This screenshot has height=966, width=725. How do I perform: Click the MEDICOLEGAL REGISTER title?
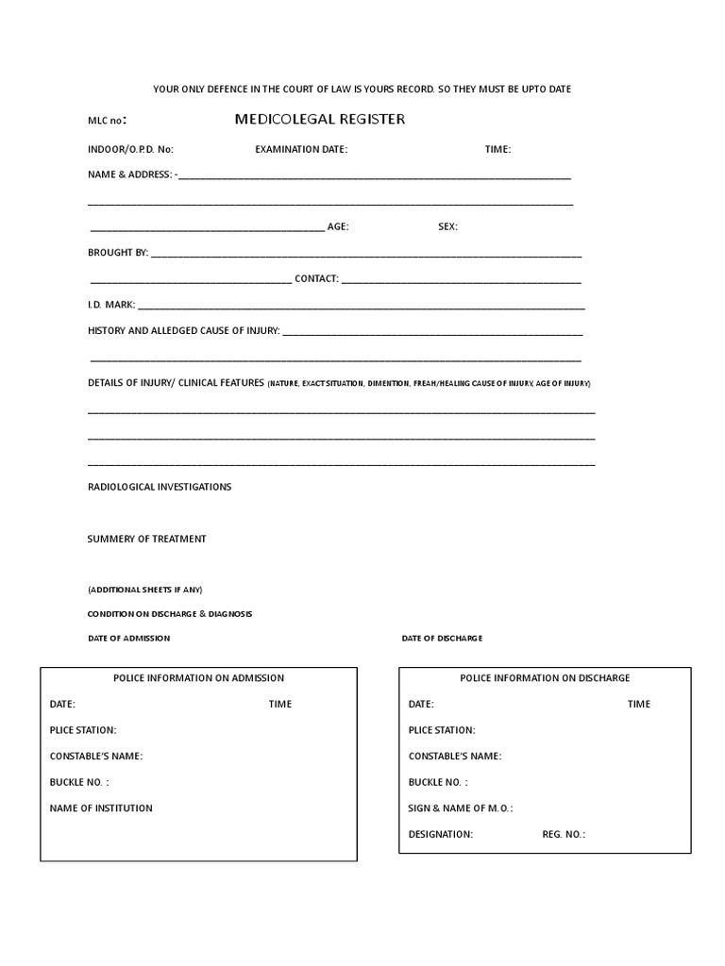pos(320,120)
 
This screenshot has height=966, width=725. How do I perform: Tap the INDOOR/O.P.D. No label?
pos(130,149)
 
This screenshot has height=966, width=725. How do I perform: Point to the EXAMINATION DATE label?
pos(301,149)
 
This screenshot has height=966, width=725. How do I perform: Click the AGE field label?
pos(337,227)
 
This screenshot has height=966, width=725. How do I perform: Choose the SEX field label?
pos(447,227)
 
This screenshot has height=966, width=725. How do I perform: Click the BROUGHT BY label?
pos(118,253)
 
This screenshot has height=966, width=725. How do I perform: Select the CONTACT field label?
pos(316,279)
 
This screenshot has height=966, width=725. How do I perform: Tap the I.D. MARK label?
pos(111,305)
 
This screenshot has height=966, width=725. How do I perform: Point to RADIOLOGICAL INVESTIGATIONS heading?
pos(160,487)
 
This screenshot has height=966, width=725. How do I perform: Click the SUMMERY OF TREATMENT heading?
pos(146,539)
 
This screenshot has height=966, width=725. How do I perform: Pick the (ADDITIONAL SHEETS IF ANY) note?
pos(144,590)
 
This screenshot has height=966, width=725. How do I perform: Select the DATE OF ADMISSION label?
pos(129,639)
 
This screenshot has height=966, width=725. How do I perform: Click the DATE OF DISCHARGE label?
pos(442,639)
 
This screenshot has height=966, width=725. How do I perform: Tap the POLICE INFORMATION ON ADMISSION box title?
pos(198,678)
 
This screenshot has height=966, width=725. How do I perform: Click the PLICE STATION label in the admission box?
pos(83,730)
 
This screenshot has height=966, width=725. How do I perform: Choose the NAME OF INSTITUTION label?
pos(101,808)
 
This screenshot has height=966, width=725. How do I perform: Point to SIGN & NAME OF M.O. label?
pos(461,808)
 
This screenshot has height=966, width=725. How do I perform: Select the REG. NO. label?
pos(564,835)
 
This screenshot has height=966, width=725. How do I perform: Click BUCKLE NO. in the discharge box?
pos(438,782)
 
